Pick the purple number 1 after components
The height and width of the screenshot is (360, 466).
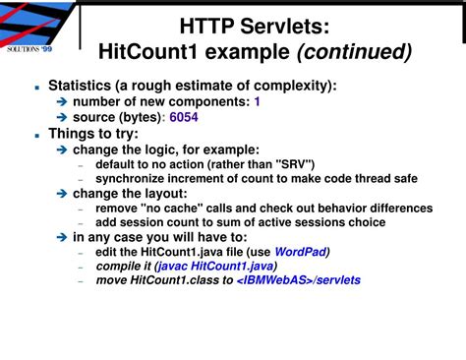coord(258,101)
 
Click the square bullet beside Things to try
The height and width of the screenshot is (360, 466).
coord(35,132)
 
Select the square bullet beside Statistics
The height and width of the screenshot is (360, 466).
coord(35,86)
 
